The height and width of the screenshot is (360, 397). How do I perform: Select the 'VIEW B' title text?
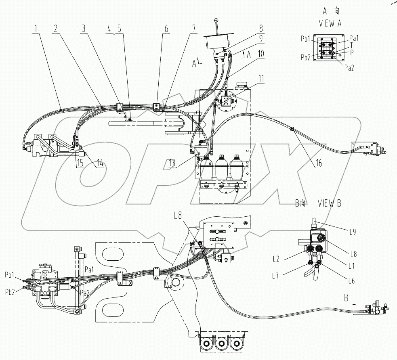330,204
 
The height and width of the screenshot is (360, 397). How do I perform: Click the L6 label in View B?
350,281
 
